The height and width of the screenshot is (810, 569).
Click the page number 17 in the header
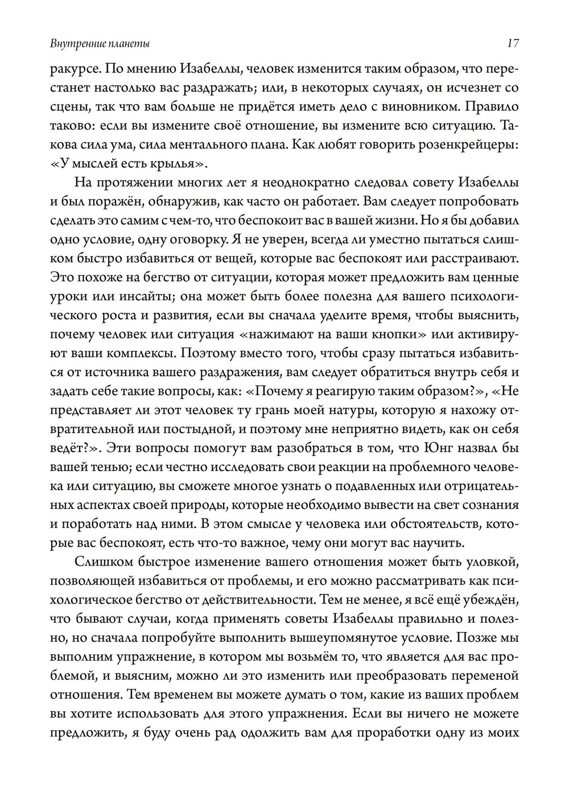click(512, 43)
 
